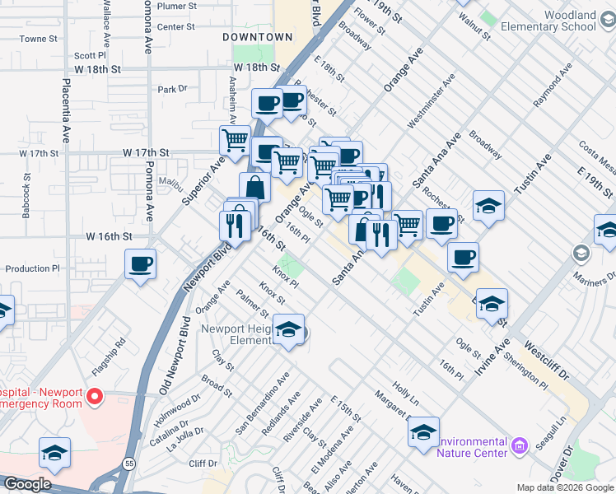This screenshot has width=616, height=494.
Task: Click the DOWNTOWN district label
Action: pos(258,37)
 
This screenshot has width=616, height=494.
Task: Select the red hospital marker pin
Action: pos(94,397)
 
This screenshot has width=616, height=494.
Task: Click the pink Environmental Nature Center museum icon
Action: pos(519,446)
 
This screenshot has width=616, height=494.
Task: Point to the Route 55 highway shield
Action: pos(129,463)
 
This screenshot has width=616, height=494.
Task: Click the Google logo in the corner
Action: pos(26,484)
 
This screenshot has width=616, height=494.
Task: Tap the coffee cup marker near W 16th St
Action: pos(140,265)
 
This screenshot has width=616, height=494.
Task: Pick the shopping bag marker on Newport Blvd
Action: pos(254,188)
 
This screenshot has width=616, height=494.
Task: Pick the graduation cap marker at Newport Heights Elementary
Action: pos(288,330)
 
